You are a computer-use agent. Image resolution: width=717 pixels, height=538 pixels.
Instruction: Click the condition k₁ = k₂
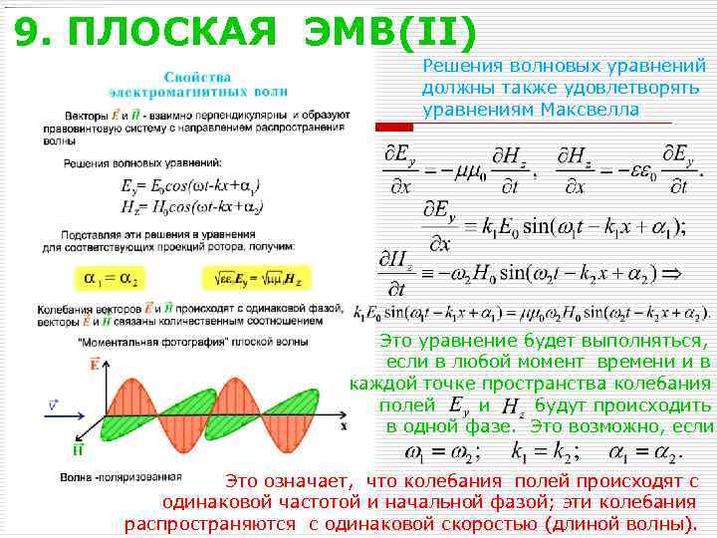tap(544, 454)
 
